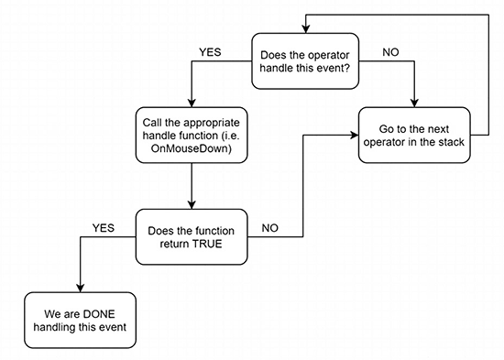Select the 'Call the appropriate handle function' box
pos(189,135)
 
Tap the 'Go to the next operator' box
pos(415,135)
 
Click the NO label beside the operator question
pos(390,51)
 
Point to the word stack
pos(453,142)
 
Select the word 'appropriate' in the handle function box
pos(200,121)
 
